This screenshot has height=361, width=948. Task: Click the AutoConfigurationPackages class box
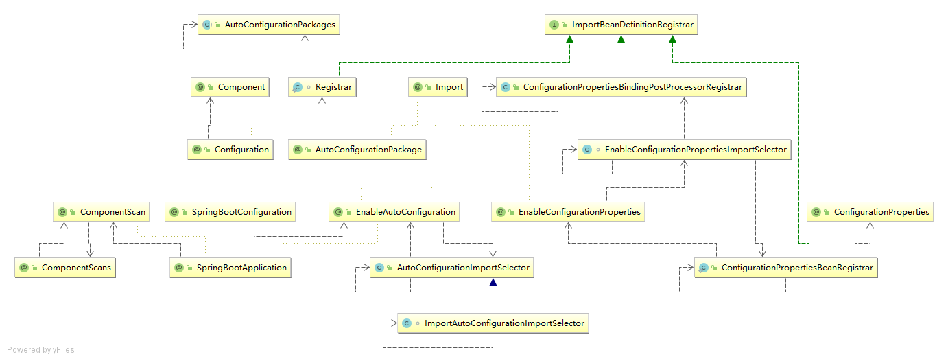270,25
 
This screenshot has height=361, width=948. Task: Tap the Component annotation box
230,87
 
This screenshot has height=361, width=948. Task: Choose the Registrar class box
322,87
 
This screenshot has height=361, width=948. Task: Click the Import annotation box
438,87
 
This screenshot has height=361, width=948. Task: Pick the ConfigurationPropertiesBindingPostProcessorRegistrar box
621,87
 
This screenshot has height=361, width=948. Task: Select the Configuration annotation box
230,149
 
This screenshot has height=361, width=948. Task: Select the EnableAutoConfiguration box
394,212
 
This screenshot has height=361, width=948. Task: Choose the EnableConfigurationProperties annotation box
569,212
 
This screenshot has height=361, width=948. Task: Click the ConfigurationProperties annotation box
870,212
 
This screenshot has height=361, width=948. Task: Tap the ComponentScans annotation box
65,267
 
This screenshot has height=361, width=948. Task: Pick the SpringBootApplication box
230,267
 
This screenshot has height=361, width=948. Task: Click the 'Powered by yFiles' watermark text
40,350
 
